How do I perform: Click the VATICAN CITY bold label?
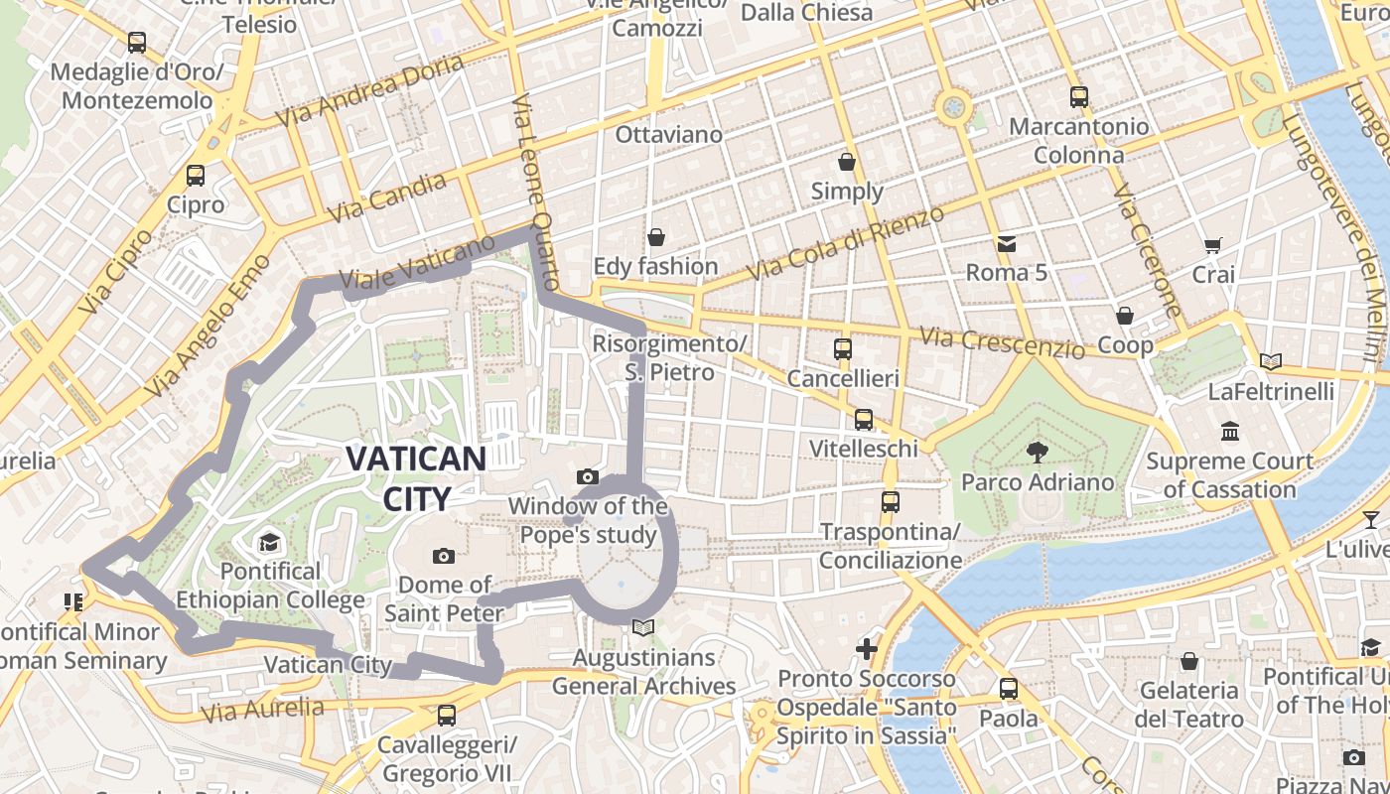[416, 477]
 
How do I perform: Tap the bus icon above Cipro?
[196, 176]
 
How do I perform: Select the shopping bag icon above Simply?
[847, 161]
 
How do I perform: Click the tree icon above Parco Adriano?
[1038, 453]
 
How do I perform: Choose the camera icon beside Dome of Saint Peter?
[444, 556]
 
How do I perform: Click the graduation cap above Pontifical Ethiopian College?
[269, 542]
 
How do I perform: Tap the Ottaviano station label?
[669, 134]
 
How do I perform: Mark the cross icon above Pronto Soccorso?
[867, 649]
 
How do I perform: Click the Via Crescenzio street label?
[1003, 342]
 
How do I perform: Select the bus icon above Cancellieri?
[843, 348]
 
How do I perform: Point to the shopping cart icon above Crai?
[1212, 244]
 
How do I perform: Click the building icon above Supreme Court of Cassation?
[1231, 431]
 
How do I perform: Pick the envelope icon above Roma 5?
[1007, 243]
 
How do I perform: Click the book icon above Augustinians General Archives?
[643, 627]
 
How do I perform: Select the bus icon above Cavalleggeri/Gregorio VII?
[447, 715]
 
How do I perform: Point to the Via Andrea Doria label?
[369, 90]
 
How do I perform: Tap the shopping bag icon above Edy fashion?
[655, 237]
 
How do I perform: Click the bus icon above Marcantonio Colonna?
[1079, 97]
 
